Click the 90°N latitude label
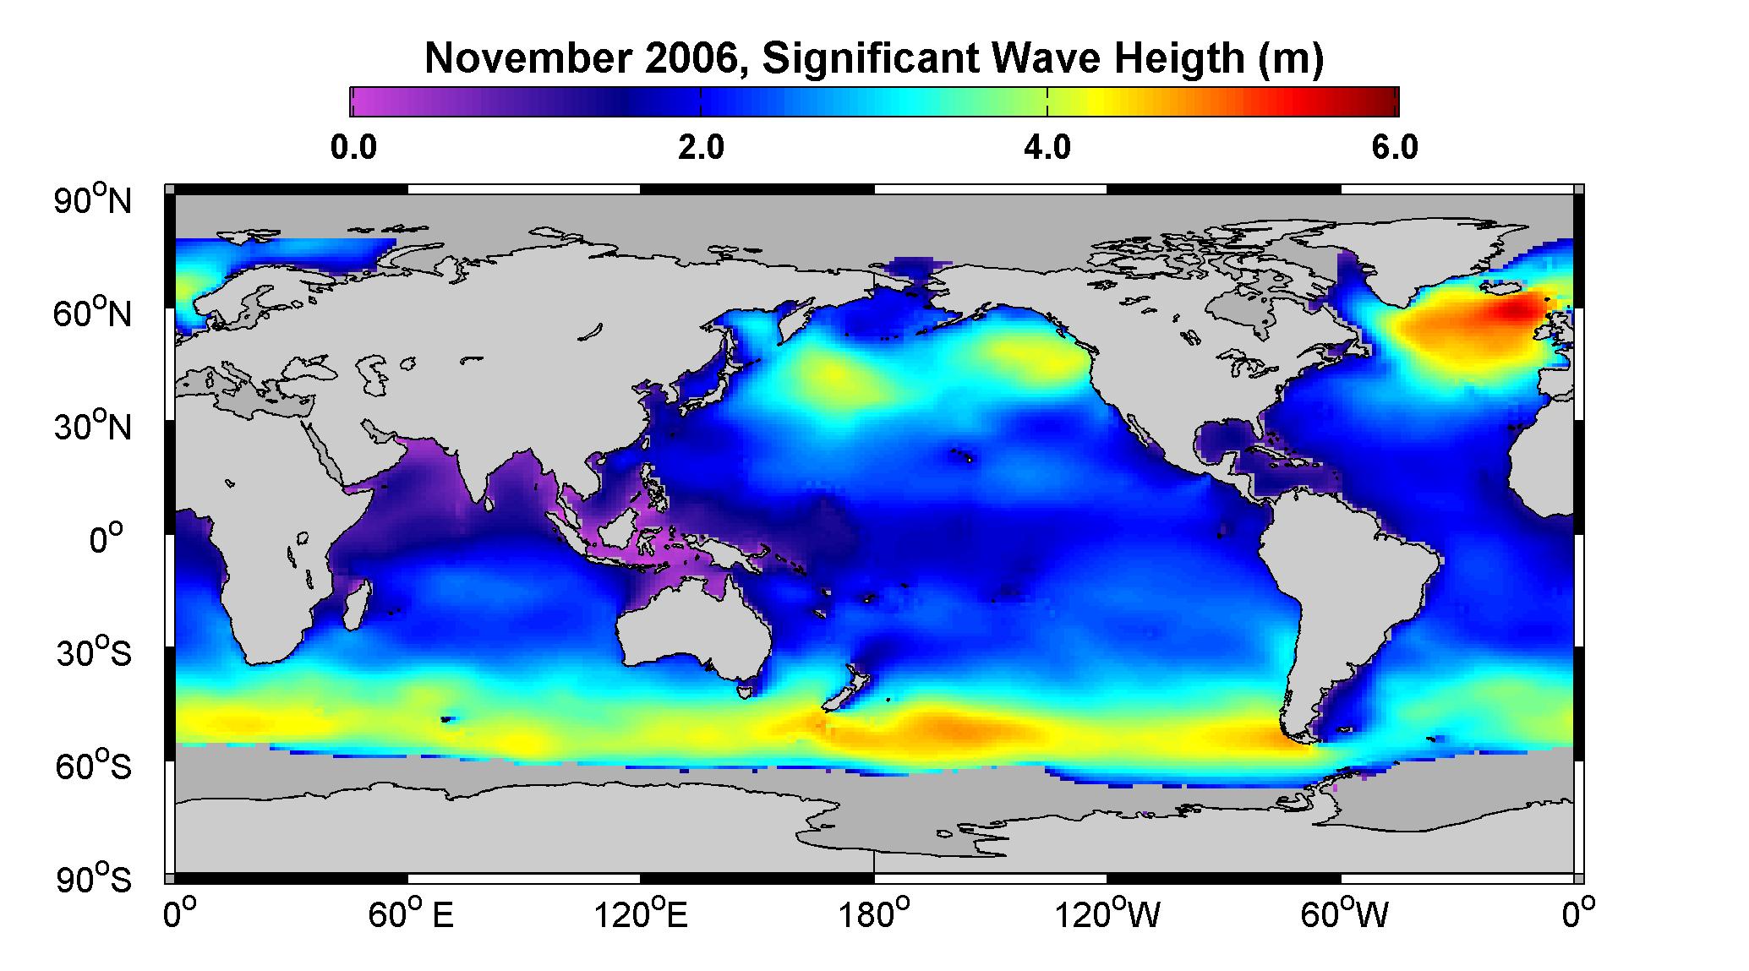pyautogui.click(x=93, y=199)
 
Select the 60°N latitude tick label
pyautogui.click(x=93, y=314)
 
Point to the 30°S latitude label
pyautogui.click(x=93, y=653)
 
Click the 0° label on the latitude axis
pyautogui.click(x=107, y=539)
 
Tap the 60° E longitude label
pyautogui.click(x=410, y=914)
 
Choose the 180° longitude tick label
pyautogui.click(x=874, y=914)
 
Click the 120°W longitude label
pyautogui.click(x=1109, y=914)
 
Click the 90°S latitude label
pyautogui.click(x=93, y=880)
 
